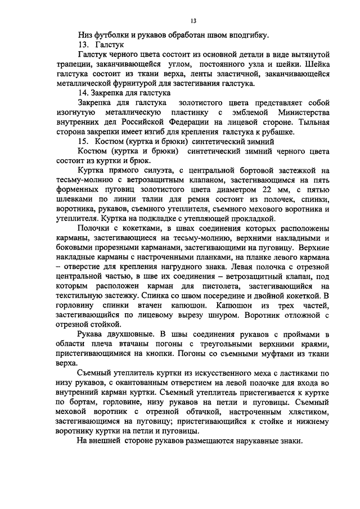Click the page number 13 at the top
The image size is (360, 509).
click(x=192, y=21)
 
